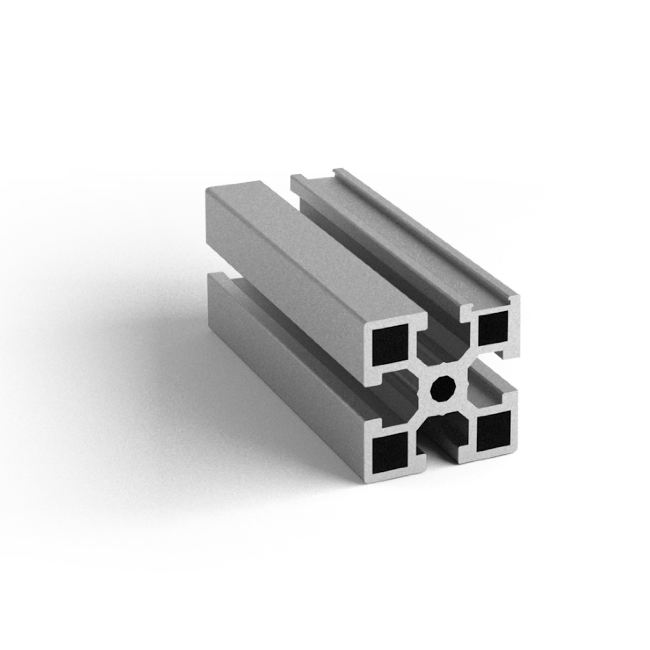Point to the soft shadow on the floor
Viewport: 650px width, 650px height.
(156, 351)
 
